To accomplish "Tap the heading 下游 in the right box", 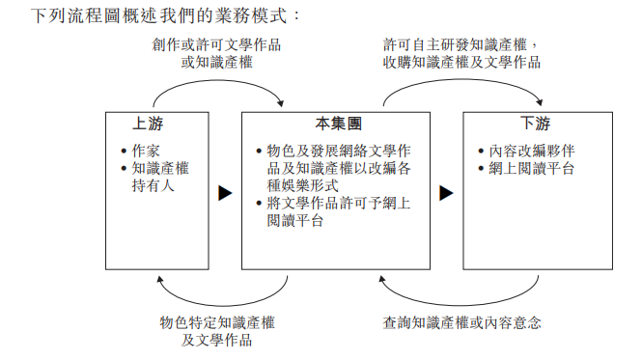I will [x=536, y=124].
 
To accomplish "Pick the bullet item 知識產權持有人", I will [x=159, y=177].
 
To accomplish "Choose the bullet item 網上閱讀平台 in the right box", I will [x=532, y=168].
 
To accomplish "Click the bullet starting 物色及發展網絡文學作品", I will [x=339, y=168].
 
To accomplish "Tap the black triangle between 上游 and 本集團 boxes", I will [x=224, y=193].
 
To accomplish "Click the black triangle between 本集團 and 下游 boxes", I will [x=446, y=193].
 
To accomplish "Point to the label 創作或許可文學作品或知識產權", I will [x=217, y=53].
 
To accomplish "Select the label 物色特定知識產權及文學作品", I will [x=217, y=331].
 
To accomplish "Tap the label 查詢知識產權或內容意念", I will [x=461, y=322].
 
